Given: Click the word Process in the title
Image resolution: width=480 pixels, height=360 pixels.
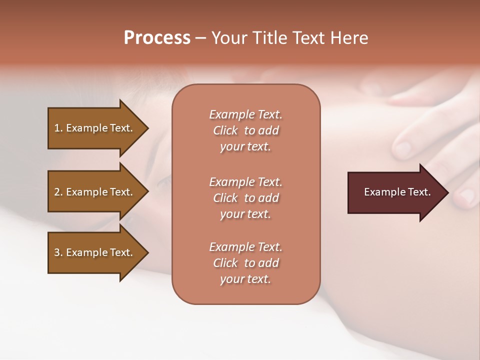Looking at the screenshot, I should coord(157,38).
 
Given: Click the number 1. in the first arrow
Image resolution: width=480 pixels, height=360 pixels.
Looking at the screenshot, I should coord(58,128).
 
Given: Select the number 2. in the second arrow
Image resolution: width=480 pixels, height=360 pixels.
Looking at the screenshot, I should coord(58,192).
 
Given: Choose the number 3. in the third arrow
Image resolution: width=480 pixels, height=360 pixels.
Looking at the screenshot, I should coord(58,252).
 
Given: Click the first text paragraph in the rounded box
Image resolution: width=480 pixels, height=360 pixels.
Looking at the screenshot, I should coord(245,130).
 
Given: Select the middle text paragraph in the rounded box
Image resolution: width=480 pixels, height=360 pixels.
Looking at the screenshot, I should coord(245,197).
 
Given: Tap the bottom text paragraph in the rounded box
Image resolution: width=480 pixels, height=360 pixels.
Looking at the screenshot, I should coord(245,262).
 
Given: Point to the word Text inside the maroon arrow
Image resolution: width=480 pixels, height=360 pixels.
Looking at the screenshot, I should coord(420,192).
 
